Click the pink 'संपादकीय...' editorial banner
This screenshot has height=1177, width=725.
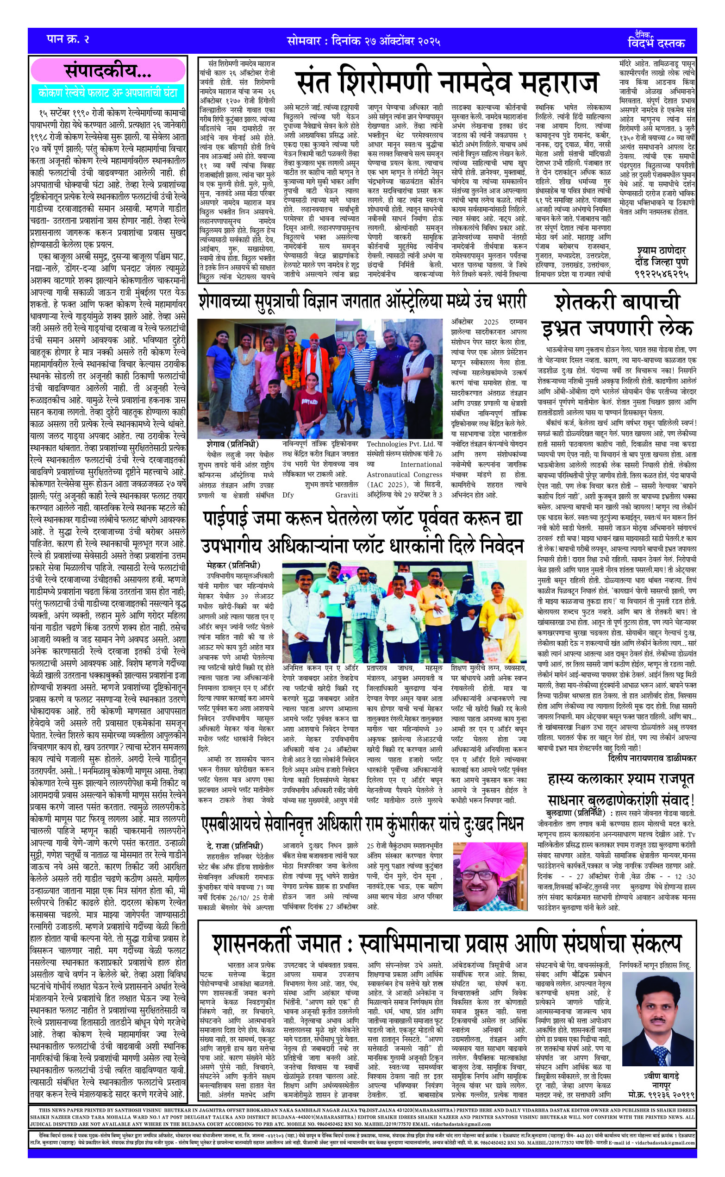click(107, 71)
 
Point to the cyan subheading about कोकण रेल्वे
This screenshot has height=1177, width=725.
click(107, 93)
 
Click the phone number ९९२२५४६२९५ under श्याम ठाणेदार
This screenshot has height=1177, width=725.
click(662, 274)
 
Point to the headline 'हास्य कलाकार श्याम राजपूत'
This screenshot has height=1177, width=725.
click(621, 779)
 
